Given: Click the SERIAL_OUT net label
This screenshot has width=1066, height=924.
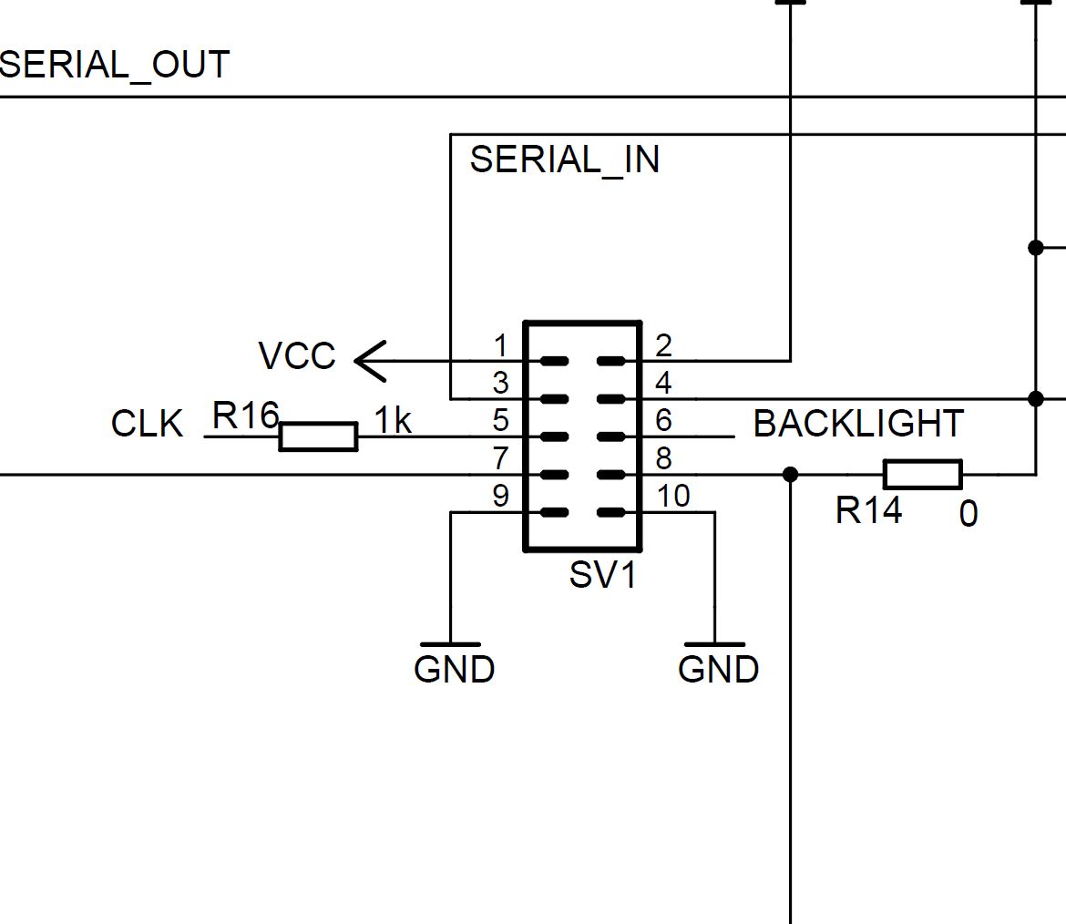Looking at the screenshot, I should coord(115,66).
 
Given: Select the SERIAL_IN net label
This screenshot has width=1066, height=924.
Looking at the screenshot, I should coord(564,160).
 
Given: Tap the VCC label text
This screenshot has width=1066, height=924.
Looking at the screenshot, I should coord(297,356).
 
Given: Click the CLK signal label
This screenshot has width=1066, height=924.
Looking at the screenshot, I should coord(147,425).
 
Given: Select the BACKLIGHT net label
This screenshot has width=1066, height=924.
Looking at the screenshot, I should coord(858,424).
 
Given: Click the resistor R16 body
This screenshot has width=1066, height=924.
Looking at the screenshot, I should coord(318,436).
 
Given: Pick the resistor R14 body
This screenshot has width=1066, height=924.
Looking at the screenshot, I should coord(922,475).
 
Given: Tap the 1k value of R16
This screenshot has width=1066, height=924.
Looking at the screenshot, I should coord(394,421).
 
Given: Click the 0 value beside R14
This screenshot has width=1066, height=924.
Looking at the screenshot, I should coord(969,515).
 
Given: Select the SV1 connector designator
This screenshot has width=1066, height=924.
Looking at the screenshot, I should coord(602,576).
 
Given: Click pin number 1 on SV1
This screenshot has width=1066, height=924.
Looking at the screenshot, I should coord(500,346).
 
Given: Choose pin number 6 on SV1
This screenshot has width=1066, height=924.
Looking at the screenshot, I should coord(663,421).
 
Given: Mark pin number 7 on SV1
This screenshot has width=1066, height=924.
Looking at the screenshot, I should coord(500,458).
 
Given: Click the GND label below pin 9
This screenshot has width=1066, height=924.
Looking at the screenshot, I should coord(454,670).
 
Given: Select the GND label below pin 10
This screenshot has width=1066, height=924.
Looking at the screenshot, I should coord(718,670).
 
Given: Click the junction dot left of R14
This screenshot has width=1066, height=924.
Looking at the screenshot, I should coord(790,475).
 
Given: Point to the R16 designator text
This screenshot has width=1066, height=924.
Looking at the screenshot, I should coord(244,416).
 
